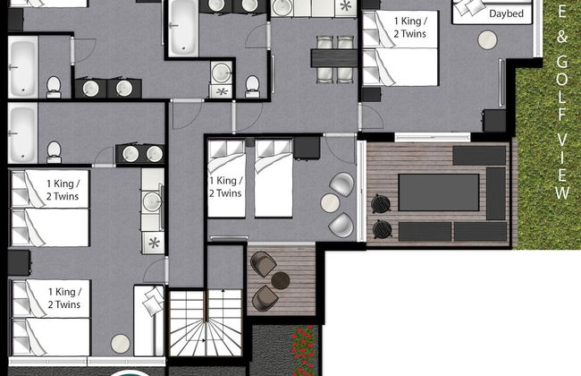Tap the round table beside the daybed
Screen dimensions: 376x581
tap(486, 40)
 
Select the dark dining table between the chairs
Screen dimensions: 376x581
tap(333, 57)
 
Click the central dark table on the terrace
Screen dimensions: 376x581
tap(438, 192)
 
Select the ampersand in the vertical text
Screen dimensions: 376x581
tap(562, 39)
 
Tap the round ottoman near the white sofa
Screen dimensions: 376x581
tap(119, 343)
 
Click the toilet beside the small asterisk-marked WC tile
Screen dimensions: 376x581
tap(252, 85)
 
